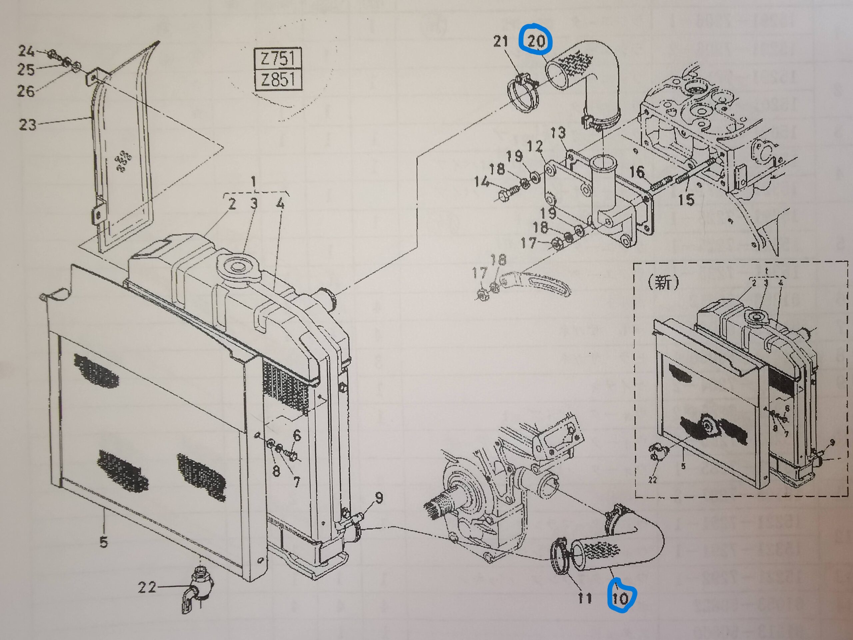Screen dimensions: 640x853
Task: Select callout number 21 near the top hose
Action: point(501,41)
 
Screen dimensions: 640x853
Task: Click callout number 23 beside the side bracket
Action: point(27,125)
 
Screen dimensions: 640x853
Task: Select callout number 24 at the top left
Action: point(27,51)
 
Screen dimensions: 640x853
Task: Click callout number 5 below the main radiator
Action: point(103,542)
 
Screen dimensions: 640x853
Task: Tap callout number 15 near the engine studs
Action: point(686,199)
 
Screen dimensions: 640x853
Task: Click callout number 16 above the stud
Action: point(637,172)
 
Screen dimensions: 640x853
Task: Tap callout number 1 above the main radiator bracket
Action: point(254,182)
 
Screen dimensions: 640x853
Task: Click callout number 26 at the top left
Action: point(26,91)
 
